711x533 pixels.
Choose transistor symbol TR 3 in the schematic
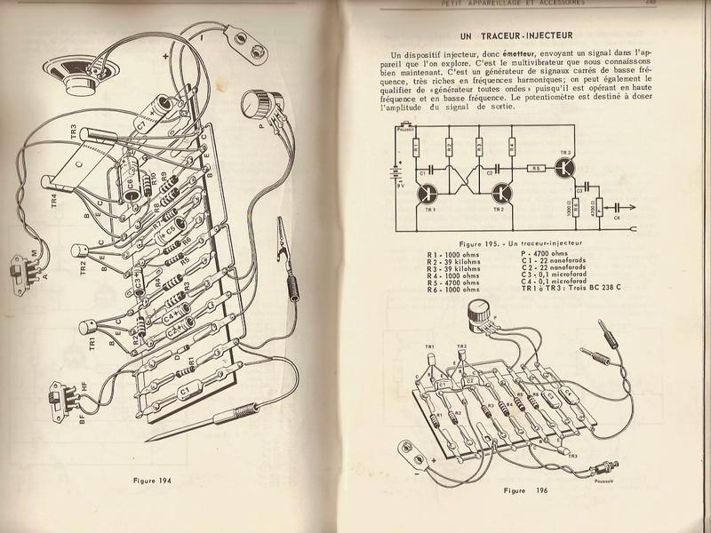pos(565,172)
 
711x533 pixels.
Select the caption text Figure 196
pos(526,489)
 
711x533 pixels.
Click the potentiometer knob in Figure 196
pos(477,312)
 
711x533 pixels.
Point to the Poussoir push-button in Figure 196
pos(607,468)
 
